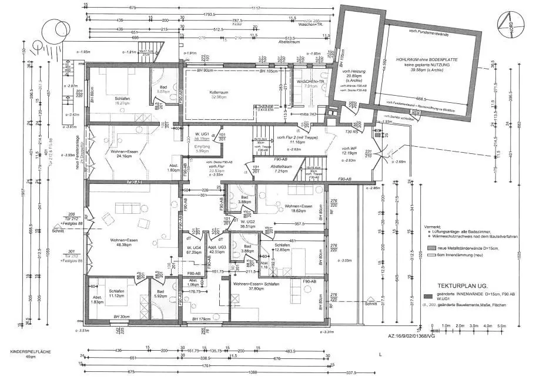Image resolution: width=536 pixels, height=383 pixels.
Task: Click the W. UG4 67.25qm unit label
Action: (192, 250)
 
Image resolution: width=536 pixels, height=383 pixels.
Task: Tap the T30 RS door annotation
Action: (349, 132)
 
